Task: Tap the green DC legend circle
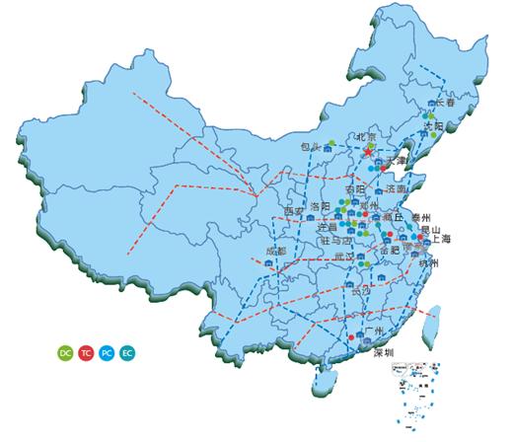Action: click(x=66, y=352)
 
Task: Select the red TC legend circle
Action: click(x=86, y=352)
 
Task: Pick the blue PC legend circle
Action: click(x=107, y=352)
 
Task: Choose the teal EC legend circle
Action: click(x=127, y=352)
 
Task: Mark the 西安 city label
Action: click(x=293, y=211)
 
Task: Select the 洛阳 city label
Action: click(x=321, y=206)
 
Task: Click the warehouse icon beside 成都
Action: click(x=270, y=264)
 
